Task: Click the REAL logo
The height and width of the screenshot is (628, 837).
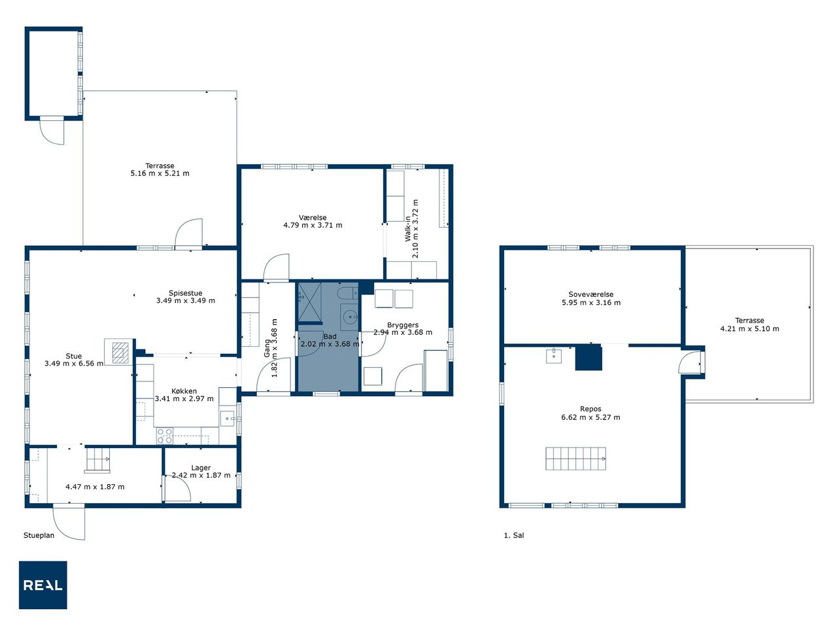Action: click(x=43, y=585)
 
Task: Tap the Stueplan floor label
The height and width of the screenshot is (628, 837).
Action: click(x=39, y=535)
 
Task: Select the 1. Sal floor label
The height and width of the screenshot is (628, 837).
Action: click(x=513, y=535)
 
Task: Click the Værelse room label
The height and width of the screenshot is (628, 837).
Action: click(x=313, y=217)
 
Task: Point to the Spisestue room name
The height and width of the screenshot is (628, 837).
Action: click(x=185, y=293)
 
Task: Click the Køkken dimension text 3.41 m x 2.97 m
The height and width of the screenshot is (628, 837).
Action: click(x=184, y=398)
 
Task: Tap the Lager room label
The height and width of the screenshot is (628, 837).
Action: click(x=201, y=468)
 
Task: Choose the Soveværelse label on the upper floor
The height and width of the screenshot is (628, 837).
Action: click(x=590, y=294)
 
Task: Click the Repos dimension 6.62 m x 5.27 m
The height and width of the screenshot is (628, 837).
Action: click(x=590, y=417)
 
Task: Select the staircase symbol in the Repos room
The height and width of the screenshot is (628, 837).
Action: click(x=575, y=459)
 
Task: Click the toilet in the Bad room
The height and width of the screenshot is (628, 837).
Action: click(x=347, y=293)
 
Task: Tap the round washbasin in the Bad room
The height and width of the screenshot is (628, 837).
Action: click(x=350, y=317)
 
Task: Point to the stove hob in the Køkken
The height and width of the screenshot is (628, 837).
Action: click(x=165, y=436)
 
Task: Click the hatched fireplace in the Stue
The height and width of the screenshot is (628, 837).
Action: click(x=120, y=353)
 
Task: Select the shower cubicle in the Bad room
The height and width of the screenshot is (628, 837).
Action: click(x=310, y=303)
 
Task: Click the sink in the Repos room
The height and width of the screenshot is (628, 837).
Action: click(x=554, y=356)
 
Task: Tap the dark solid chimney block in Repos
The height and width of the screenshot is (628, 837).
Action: click(x=589, y=357)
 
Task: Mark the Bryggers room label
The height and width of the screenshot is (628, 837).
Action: click(x=403, y=325)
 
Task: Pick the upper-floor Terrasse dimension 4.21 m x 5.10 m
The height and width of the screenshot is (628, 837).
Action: click(x=749, y=328)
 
